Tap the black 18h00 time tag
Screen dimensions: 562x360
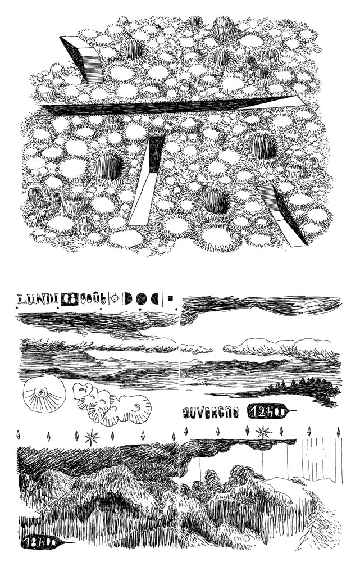coord(39,543)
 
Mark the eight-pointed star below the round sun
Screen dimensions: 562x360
coord(90,437)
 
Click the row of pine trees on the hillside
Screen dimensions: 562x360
coord(303,387)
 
